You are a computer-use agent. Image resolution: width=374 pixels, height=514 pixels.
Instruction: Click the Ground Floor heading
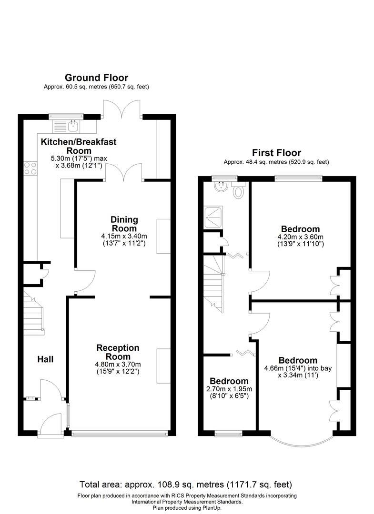[x=96, y=78]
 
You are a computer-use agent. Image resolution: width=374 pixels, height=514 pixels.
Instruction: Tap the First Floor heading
[x=276, y=153]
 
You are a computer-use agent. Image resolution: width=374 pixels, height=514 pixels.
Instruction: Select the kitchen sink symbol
[x=73, y=126]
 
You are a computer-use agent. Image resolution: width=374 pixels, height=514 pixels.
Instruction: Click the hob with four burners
[x=30, y=169]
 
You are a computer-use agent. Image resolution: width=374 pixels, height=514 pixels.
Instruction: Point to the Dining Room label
[x=124, y=224]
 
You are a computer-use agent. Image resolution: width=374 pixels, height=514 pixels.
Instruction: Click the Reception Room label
[x=117, y=352]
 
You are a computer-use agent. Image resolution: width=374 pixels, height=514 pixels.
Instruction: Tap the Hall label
[x=46, y=359]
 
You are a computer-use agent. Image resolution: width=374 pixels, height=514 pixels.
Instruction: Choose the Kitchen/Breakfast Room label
[x=78, y=146]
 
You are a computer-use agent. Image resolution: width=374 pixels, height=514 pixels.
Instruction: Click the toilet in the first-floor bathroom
[x=238, y=191]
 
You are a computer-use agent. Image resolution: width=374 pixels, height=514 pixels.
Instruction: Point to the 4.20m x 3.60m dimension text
[x=300, y=237]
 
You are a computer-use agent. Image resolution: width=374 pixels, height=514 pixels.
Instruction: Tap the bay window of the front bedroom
[x=301, y=440]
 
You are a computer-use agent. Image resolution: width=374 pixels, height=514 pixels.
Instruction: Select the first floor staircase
[x=214, y=286]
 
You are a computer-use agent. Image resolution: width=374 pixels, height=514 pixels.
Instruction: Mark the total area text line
[x=186, y=484]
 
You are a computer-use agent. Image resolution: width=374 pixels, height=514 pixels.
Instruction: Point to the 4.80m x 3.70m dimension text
[x=117, y=365]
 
